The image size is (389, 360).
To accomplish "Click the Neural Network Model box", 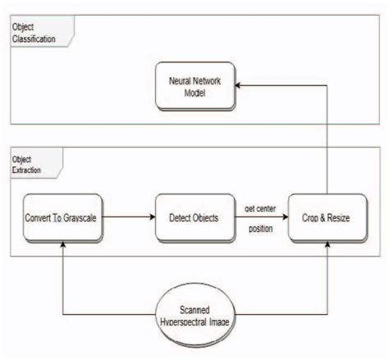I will pyautogui.click(x=194, y=87).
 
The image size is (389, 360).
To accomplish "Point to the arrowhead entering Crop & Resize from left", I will pyautogui.click(x=284, y=218).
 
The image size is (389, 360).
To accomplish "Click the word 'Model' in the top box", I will pyautogui.click(x=194, y=93).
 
